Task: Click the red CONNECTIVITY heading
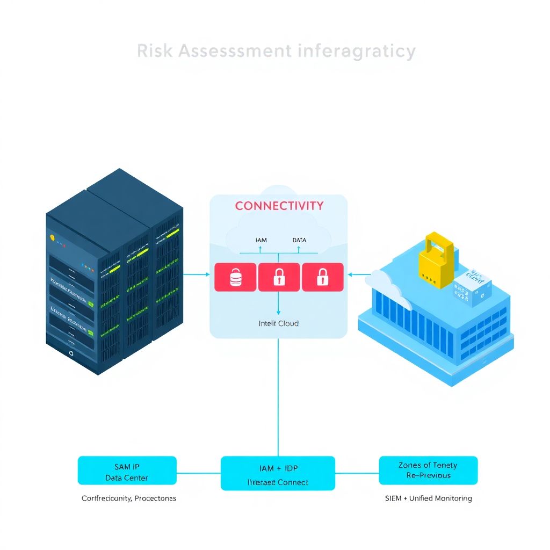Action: point(279,206)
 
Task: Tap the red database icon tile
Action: point(235,277)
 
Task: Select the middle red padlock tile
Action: point(279,277)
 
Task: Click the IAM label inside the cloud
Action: point(260,240)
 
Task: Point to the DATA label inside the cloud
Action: point(299,240)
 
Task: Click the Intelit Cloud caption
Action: point(278,323)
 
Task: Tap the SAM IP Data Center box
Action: point(127,471)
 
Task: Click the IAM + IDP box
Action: point(278,473)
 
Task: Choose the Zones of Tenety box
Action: point(428,471)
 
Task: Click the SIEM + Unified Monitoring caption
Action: point(428,498)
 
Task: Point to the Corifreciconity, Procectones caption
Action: point(128,498)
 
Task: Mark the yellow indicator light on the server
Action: point(52,237)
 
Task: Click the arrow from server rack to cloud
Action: point(196,274)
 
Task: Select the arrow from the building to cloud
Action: point(358,274)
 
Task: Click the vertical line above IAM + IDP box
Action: point(278,397)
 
